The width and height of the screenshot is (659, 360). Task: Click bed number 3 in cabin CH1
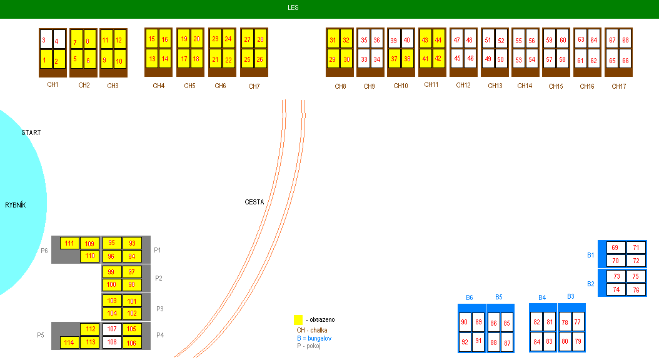45,41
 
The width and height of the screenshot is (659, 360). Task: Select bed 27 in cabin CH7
248,40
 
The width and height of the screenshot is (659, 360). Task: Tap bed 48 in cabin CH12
470,41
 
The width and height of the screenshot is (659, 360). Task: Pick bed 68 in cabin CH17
625,41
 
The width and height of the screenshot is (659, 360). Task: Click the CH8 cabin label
340,86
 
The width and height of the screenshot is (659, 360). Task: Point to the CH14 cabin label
525,86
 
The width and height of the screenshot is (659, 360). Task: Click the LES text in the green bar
293,7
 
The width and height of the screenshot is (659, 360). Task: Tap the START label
31,132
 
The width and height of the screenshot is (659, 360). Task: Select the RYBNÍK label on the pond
17,205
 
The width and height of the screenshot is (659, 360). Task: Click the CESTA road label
254,202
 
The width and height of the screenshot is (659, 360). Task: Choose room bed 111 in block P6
69,243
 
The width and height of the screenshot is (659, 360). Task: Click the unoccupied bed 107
112,329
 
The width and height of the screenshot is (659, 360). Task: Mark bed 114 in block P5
69,342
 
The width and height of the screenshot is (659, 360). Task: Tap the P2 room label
158,279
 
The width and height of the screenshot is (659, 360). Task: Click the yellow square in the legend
298,319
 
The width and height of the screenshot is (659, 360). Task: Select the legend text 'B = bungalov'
314,338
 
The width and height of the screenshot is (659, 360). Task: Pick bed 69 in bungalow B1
615,247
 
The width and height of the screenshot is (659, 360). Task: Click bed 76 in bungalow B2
636,289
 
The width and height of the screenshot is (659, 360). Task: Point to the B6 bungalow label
470,297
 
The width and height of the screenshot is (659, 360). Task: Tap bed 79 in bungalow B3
578,341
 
